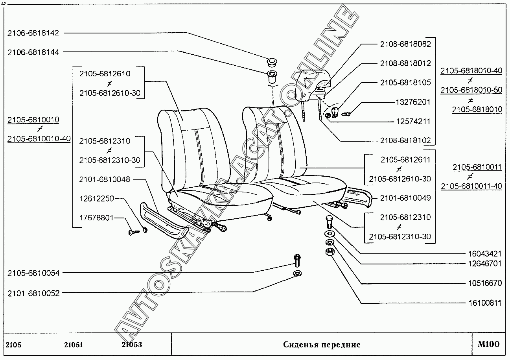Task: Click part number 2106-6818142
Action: click(x=33, y=33)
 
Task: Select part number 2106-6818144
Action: click(x=33, y=52)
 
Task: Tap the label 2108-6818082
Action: click(x=405, y=44)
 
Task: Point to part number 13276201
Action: click(x=413, y=102)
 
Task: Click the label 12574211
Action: click(x=413, y=122)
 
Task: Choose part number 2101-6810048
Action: click(x=105, y=179)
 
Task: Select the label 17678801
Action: click(x=96, y=217)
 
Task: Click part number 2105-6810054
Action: click(x=33, y=273)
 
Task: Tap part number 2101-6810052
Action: click(x=33, y=293)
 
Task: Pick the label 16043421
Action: click(x=484, y=254)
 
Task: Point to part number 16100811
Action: click(x=484, y=303)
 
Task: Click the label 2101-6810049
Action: click(x=405, y=198)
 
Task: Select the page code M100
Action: click(x=488, y=345)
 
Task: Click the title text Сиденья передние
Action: click(x=322, y=345)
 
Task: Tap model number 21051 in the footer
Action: click(x=74, y=345)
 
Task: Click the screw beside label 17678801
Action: click(x=133, y=233)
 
